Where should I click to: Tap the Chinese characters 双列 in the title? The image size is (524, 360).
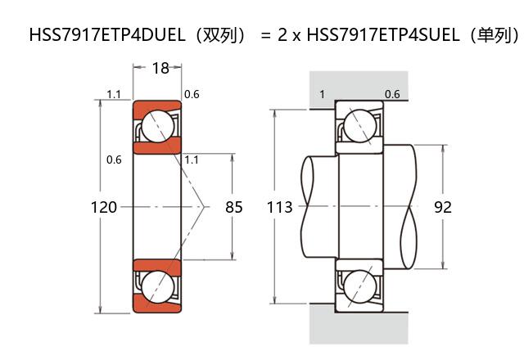click(210, 36)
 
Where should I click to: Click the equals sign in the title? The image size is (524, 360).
click(265, 36)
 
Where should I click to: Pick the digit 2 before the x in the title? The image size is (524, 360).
click(282, 36)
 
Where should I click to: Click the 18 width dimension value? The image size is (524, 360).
click(160, 69)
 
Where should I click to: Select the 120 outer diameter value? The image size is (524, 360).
click(103, 208)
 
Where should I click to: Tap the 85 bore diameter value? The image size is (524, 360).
click(234, 208)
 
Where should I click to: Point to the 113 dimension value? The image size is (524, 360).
click(280, 208)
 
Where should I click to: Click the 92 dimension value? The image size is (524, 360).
click(443, 208)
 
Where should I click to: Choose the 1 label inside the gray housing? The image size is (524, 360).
click(322, 94)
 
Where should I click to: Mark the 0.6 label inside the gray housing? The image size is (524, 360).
click(392, 94)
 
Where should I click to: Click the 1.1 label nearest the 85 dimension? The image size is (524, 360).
click(192, 160)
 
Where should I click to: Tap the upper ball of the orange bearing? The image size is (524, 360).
click(156, 127)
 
